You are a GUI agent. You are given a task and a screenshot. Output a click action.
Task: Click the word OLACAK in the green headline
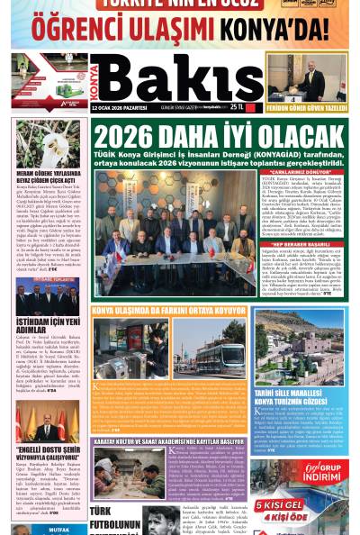point(301,136)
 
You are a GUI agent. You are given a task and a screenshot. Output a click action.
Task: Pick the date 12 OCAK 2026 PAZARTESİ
point(120,106)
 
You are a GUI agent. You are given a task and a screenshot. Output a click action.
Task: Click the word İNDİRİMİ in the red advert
point(324,479)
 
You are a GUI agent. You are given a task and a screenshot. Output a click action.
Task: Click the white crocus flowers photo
point(47,144)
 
